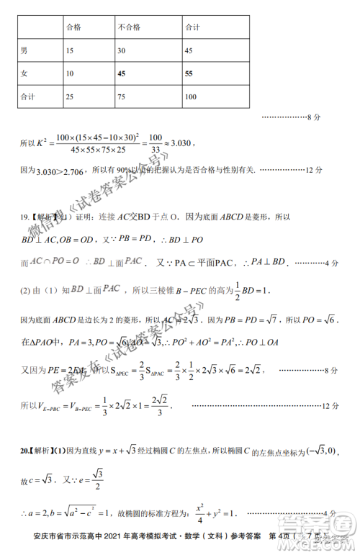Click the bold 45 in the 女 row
click(122, 73)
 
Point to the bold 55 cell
click(189, 73)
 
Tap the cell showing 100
click(191, 96)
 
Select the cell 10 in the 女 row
click(69, 73)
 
